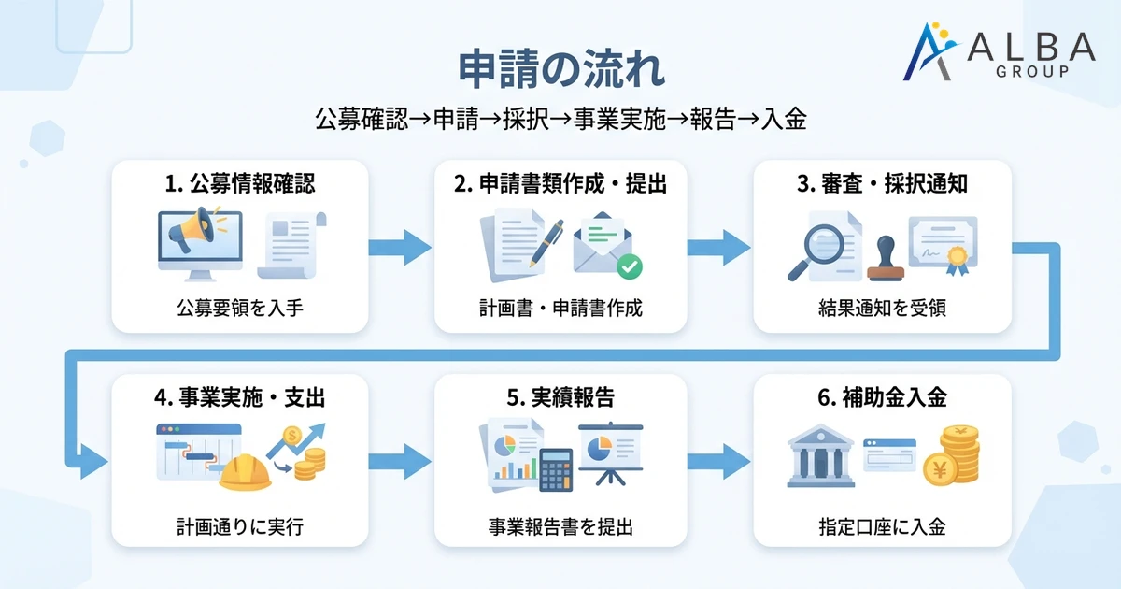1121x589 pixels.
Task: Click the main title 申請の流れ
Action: click(x=561, y=71)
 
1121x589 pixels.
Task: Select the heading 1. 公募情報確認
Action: click(x=240, y=184)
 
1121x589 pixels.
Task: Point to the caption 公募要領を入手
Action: click(x=240, y=308)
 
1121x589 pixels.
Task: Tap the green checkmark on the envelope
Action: click(x=630, y=267)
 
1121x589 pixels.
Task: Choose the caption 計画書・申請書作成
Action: click(x=560, y=308)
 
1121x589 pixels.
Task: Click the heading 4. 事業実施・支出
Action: click(x=240, y=398)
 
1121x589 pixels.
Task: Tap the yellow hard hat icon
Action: click(x=245, y=472)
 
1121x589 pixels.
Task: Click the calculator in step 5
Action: click(x=556, y=469)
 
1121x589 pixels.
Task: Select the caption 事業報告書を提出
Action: click(x=560, y=527)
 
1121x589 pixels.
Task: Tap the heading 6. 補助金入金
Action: click(x=882, y=398)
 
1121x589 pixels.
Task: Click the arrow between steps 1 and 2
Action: click(x=399, y=248)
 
